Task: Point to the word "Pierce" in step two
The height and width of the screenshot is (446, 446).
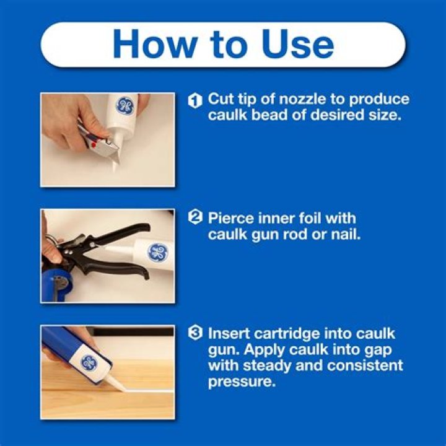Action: [x=230, y=219]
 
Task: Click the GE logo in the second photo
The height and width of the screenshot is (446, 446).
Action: [x=157, y=252]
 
